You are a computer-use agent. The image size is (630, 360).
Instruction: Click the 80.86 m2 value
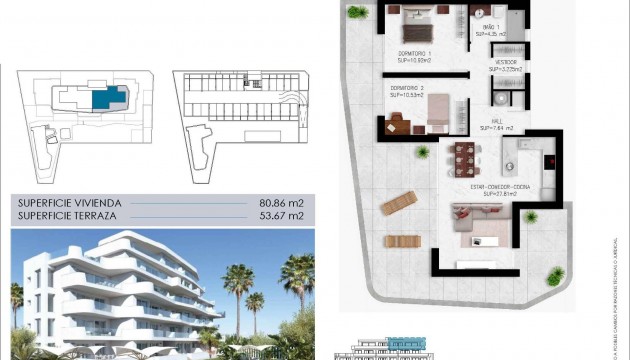click(x=277, y=202)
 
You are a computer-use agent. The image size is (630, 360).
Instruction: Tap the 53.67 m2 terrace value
click(x=277, y=215)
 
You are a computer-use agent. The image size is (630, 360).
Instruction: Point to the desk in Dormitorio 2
click(x=397, y=123)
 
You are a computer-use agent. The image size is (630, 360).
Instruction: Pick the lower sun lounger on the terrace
click(x=401, y=241)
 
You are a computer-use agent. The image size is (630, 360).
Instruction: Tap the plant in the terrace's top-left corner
click(x=358, y=11)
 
